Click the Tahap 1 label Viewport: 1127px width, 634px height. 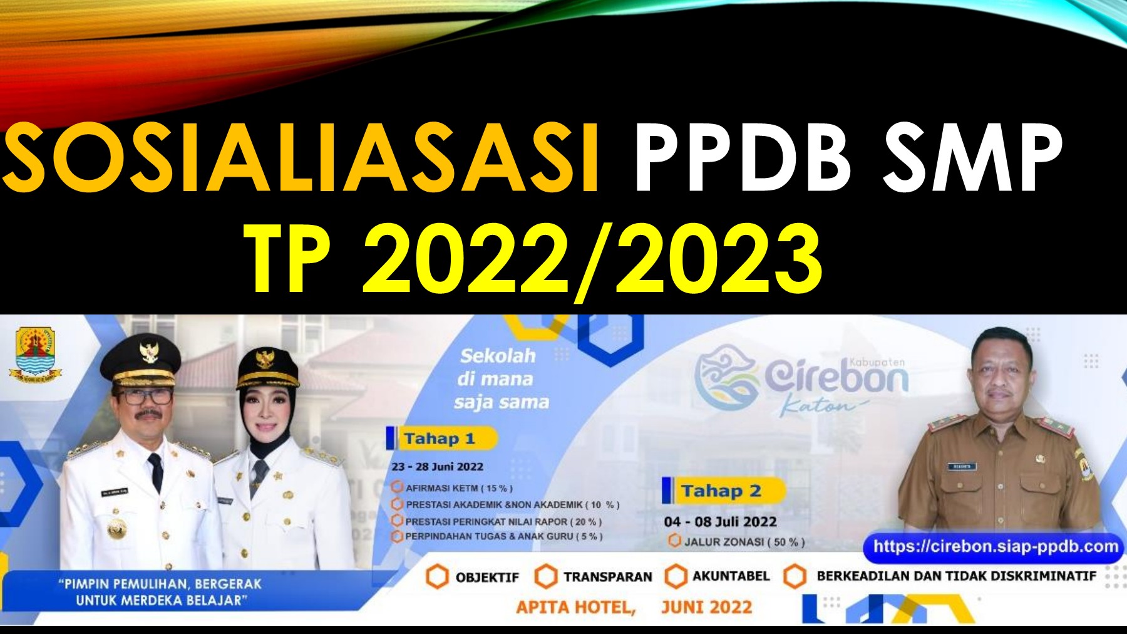[440, 439]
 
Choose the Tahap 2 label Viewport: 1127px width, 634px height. [721, 491]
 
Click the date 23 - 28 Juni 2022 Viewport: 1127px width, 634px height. [437, 467]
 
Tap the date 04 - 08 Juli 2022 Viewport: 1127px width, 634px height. [720, 522]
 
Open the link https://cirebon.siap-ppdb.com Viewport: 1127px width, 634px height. [996, 546]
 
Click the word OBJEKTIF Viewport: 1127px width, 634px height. [487, 577]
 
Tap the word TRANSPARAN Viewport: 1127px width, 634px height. [607, 577]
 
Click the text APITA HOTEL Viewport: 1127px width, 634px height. [575, 607]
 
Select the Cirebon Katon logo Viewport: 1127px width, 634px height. [801, 380]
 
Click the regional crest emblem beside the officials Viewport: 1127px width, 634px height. [36, 355]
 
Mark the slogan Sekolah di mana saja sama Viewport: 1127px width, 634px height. [501, 379]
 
